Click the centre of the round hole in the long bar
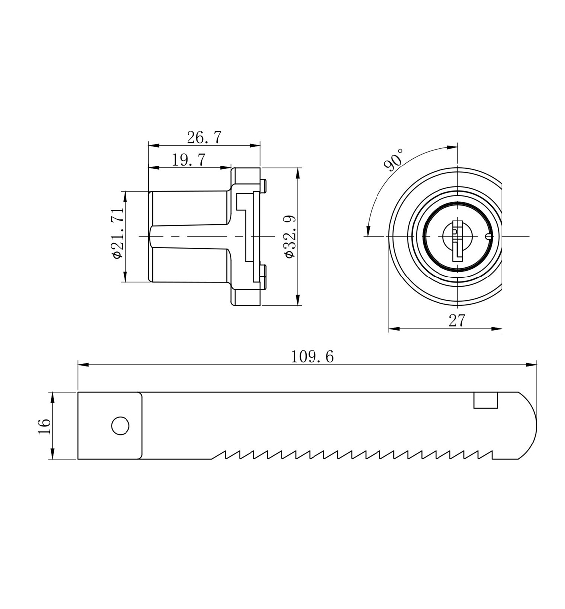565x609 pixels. pos(120,426)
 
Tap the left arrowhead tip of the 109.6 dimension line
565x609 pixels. pos(78,365)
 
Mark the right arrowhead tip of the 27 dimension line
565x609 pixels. pos(502,329)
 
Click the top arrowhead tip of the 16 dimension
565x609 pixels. pos(52,392)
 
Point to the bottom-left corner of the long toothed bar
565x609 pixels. pos(78,459)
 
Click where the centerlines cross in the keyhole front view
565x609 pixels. pos(457,237)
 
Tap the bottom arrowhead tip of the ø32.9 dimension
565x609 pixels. pos(297,305)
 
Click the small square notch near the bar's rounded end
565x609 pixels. pos(486,400)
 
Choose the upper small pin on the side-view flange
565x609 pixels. pos(263,186)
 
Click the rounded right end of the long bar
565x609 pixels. pos(529,426)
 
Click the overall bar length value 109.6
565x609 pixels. pos(312,357)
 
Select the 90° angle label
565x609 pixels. pos(394,160)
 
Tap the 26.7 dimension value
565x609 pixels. pos(204,137)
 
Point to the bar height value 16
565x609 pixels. pos(44,426)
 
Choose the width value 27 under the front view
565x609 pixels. pos(457,321)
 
